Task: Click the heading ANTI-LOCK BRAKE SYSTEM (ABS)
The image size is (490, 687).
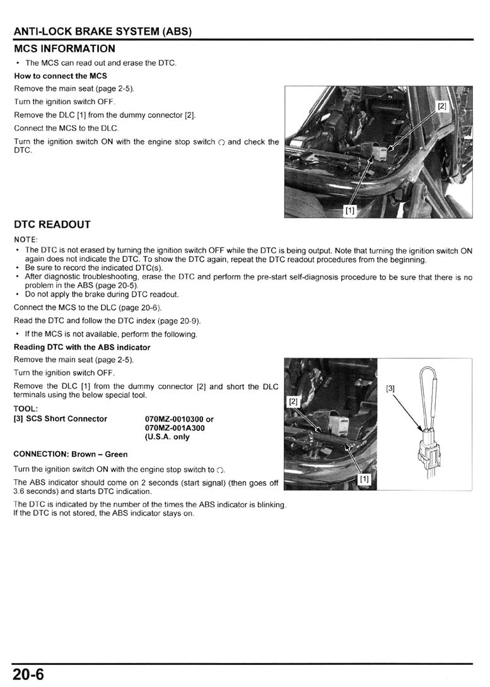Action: click(103, 32)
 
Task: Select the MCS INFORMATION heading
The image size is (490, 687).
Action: click(64, 49)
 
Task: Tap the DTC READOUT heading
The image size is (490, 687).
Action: click(52, 225)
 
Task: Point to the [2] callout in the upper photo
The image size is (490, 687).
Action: click(442, 106)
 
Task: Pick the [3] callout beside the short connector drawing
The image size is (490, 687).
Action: click(390, 389)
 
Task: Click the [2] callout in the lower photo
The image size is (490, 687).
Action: click(293, 401)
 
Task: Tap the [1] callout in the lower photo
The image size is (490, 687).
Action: click(364, 479)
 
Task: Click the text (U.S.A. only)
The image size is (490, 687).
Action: click(167, 437)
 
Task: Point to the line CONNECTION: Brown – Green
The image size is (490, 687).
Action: click(70, 454)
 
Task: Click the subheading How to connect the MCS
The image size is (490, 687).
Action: click(61, 76)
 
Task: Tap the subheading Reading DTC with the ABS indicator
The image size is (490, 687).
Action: click(82, 348)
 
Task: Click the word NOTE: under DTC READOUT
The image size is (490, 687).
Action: click(26, 240)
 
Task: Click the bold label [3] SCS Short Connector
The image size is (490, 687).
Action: click(61, 419)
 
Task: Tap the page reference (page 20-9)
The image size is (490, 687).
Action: click(181, 321)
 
